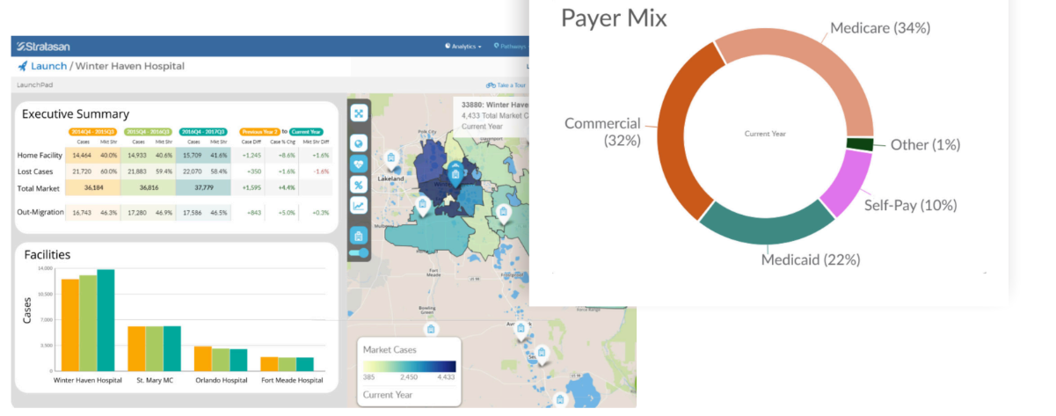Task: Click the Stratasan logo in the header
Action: click(44, 46)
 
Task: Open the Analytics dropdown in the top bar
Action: click(463, 46)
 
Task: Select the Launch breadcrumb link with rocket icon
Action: click(42, 66)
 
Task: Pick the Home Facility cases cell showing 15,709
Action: click(192, 155)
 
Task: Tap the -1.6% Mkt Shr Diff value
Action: click(321, 172)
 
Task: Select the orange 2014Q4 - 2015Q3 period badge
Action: click(91, 132)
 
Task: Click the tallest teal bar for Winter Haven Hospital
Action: click(106, 321)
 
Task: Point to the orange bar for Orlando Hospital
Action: click(202, 358)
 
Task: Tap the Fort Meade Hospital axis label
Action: click(292, 381)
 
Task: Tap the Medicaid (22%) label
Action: click(811, 259)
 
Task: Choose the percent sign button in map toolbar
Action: click(359, 184)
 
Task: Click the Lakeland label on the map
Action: click(391, 179)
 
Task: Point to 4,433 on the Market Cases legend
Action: click(445, 377)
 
